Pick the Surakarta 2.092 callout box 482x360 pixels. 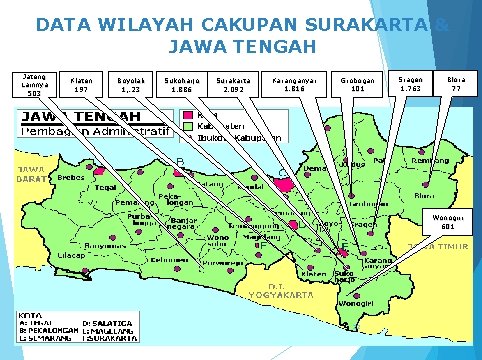234,84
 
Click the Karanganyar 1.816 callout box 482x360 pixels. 295,84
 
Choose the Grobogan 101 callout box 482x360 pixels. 357,84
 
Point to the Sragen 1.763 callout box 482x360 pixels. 411,84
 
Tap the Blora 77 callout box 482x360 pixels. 457,84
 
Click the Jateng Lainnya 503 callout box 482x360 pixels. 33,84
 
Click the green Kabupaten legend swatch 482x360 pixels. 188,127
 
